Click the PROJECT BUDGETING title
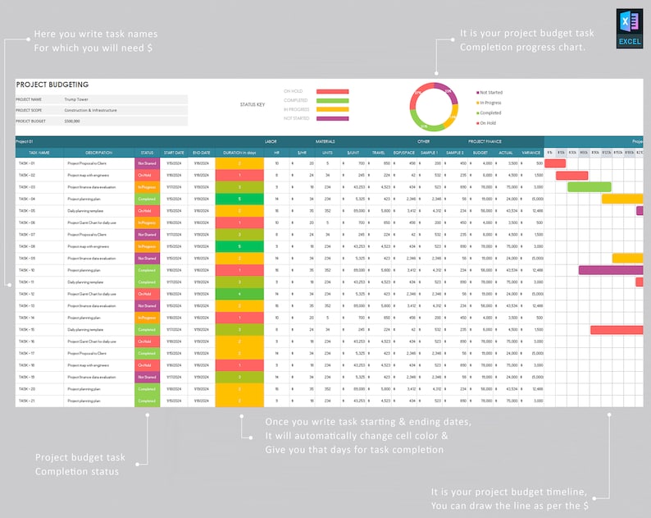52,85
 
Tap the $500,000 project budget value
73,121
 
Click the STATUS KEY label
253,105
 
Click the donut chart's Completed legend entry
490,112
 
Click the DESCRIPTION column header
98,153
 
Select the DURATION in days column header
239,153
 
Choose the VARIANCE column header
531,153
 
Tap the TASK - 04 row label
27,199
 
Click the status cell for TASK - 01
146,163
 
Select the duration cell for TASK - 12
239,294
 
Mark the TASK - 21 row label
27,401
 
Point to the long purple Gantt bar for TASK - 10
610,270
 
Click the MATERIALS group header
325,142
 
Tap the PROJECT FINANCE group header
485,142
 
